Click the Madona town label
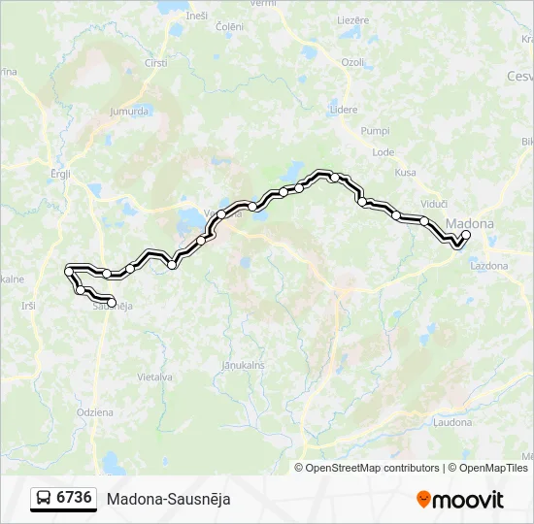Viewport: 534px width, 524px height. click(x=470, y=224)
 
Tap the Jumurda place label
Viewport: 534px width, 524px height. click(x=129, y=111)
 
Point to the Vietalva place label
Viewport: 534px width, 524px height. click(x=154, y=377)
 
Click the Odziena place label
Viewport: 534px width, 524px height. click(x=95, y=412)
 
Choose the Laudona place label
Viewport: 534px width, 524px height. click(x=452, y=423)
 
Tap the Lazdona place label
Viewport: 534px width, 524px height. click(x=488, y=265)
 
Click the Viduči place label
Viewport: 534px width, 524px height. click(x=434, y=204)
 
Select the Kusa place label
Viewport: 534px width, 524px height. click(x=405, y=173)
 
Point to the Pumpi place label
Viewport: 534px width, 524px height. click(x=374, y=130)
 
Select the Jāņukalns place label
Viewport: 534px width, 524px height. click(x=243, y=365)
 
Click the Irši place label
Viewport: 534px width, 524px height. click(x=28, y=306)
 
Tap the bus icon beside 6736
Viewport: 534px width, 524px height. click(x=44, y=499)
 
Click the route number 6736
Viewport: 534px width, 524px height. click(x=75, y=498)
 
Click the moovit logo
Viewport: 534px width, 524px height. click(x=460, y=500)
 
